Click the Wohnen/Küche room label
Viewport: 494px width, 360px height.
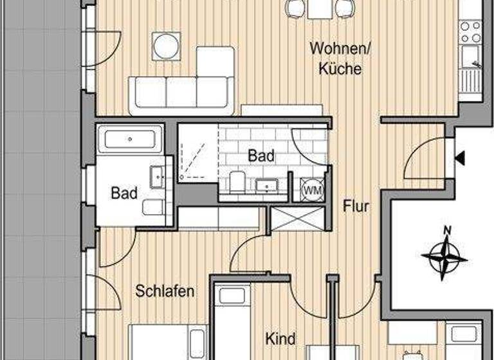point(335,58)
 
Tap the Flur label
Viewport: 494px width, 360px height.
point(356,206)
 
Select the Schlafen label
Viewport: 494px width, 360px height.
point(165,291)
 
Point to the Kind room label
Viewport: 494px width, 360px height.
point(280,338)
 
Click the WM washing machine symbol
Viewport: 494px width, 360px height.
point(313,190)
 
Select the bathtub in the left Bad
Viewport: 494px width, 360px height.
point(129,139)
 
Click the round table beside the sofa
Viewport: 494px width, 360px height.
point(166,46)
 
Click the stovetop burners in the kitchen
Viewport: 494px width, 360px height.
point(470,31)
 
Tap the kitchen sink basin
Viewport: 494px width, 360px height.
point(471,55)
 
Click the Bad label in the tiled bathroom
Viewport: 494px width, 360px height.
point(261,156)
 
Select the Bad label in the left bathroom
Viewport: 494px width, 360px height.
point(123,192)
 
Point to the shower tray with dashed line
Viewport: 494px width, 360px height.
point(198,153)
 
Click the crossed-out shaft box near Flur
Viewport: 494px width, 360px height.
point(297,219)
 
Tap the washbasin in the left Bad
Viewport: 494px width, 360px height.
point(156,176)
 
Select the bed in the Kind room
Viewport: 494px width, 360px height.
point(231,321)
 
